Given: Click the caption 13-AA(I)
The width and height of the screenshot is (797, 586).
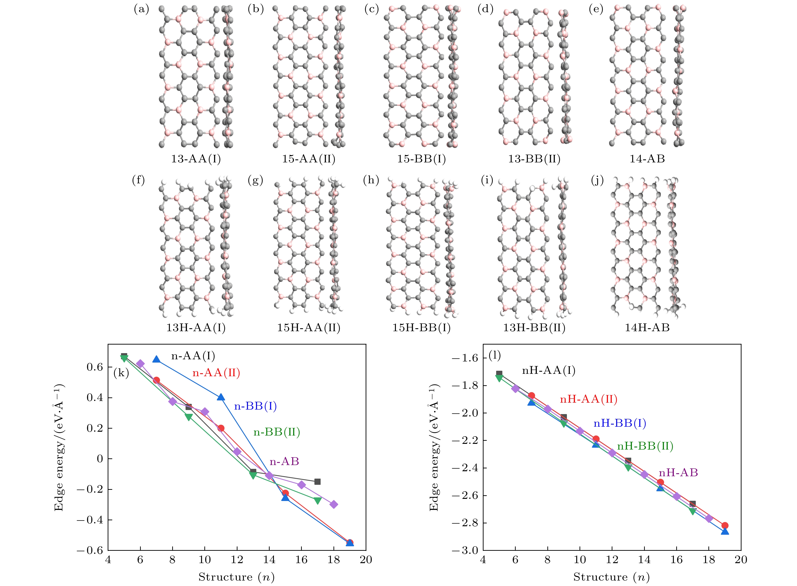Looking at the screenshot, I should [196, 159].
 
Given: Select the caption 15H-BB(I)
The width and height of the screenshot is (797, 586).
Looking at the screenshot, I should [421, 327].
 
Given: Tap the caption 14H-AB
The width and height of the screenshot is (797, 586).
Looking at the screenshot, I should [647, 327].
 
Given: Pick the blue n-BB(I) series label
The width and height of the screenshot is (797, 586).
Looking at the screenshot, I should [255, 406].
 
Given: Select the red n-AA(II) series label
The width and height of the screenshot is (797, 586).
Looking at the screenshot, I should [216, 373].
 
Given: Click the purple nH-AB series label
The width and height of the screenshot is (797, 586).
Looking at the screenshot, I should [678, 473].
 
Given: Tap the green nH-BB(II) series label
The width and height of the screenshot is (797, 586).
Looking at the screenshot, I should [645, 446].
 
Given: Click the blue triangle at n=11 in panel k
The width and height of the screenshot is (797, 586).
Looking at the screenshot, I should [221, 397].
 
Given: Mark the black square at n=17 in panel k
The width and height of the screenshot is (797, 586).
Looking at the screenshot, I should [318, 482].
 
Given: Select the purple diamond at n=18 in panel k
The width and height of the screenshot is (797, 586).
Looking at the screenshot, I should [333, 504].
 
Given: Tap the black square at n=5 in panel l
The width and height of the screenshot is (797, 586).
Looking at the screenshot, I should [499, 374].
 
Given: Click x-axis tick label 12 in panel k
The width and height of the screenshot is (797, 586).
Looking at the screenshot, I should [237, 560].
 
